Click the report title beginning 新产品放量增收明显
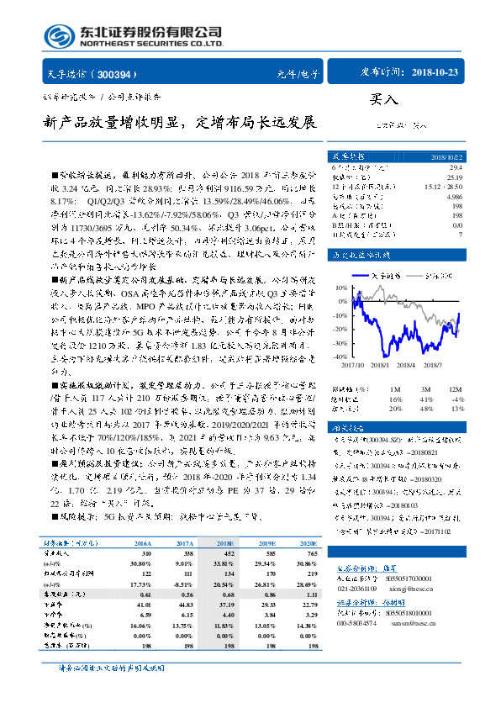[x=180, y=123]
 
